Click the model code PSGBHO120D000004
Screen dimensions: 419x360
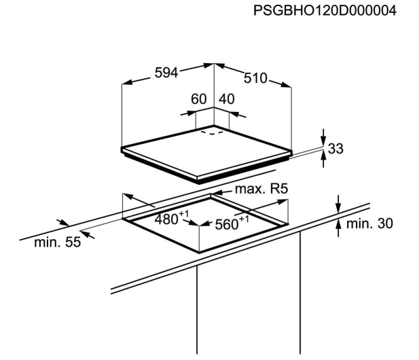(325, 11)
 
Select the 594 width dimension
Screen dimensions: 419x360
(166, 73)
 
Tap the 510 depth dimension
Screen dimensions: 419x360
(255, 78)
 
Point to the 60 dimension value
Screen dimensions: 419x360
(198, 99)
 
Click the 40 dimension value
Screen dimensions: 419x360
(227, 99)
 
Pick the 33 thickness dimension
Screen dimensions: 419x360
(335, 149)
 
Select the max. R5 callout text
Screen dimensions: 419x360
(261, 189)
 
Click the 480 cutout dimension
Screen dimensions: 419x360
(166, 220)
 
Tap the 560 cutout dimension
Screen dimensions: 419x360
(227, 225)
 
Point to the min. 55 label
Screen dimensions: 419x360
(58, 242)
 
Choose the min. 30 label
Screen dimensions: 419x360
(369, 223)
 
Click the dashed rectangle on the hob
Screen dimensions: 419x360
(212, 132)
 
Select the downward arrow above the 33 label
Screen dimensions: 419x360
(324, 139)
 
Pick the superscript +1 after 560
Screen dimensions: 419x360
(244, 219)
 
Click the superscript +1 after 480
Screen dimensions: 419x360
(183, 214)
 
